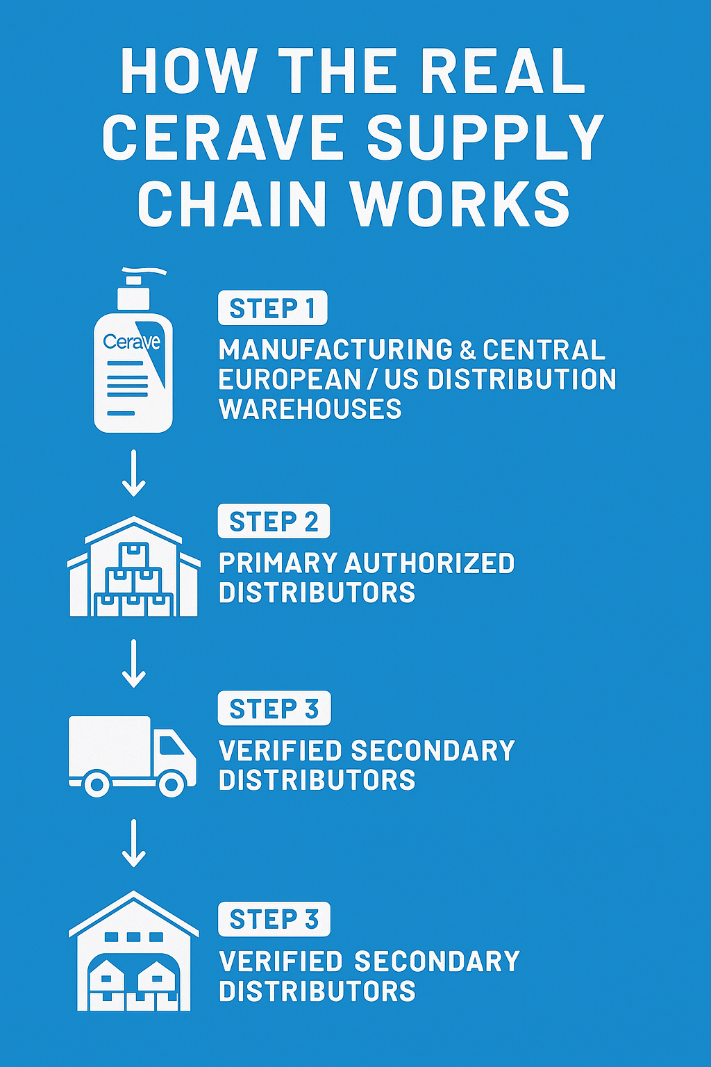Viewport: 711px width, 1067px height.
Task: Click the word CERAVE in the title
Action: click(x=224, y=137)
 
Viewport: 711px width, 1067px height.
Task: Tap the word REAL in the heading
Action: click(x=503, y=72)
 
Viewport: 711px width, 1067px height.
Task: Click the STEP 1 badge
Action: click(x=272, y=308)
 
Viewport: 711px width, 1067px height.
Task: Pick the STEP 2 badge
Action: click(x=274, y=522)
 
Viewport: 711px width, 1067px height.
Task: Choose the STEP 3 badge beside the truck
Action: click(x=274, y=709)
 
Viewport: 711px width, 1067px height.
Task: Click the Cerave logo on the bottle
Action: click(x=131, y=342)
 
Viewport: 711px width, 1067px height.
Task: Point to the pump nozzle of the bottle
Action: click(x=142, y=272)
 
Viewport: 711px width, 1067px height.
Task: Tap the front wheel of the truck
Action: click(x=171, y=784)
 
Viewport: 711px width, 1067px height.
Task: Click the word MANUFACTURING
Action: click(x=335, y=350)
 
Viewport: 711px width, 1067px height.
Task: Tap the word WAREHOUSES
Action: click(x=310, y=409)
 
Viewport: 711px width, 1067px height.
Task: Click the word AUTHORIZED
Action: click(x=430, y=563)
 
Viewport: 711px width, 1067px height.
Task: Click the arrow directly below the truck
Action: click(x=133, y=843)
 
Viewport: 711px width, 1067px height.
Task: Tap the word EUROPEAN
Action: click(x=290, y=380)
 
